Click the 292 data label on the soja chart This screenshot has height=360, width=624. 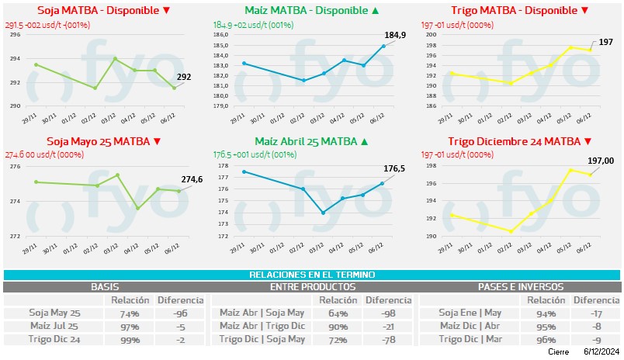click(184, 77)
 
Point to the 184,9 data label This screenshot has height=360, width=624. click(395, 36)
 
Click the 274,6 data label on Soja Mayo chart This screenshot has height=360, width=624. click(191, 179)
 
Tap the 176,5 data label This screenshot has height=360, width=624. click(396, 168)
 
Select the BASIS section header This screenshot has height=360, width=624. click(105, 287)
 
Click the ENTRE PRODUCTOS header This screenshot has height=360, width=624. click(312, 287)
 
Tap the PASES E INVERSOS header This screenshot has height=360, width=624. click(519, 287)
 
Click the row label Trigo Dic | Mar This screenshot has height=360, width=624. click(470, 340)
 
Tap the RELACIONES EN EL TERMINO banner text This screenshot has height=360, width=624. click(312, 275)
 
